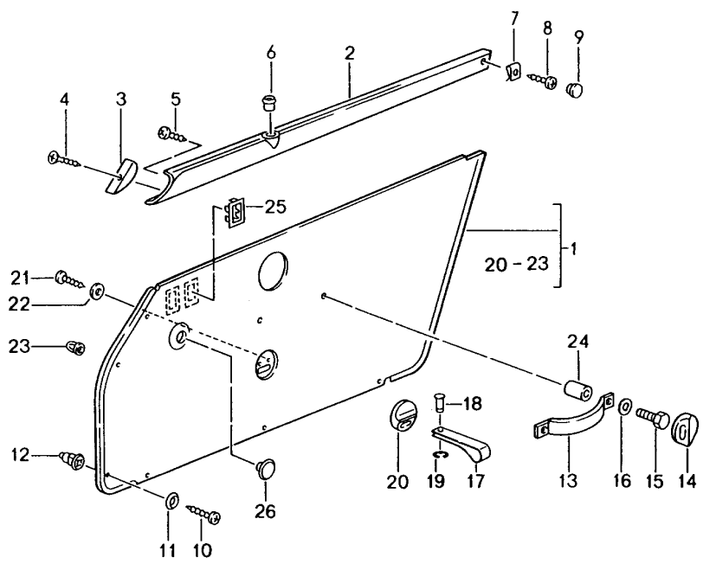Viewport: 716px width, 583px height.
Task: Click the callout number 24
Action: [x=578, y=341]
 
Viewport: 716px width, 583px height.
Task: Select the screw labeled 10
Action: [x=205, y=514]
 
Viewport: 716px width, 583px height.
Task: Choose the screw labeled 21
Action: [x=68, y=279]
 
